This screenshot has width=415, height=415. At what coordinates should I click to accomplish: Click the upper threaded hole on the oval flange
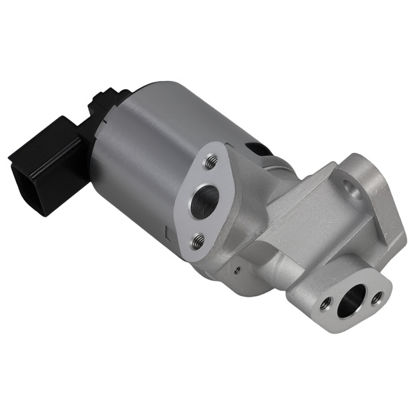[210, 163]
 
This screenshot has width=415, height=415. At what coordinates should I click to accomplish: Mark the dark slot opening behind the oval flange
[257, 148]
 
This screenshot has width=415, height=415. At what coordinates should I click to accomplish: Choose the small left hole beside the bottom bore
[326, 302]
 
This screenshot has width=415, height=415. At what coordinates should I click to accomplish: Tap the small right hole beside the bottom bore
[377, 298]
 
